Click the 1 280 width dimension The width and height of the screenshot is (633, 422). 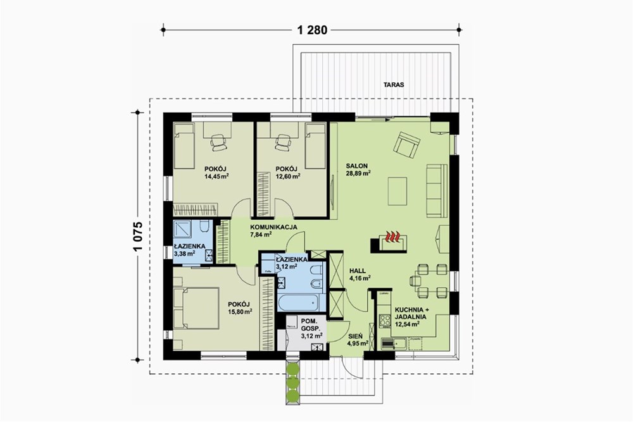(312, 30)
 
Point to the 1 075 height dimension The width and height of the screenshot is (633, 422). (138, 237)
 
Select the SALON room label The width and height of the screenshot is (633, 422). (357, 166)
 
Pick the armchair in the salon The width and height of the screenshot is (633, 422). (406, 144)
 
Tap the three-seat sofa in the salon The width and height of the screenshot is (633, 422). (437, 191)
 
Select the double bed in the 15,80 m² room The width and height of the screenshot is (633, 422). (196, 308)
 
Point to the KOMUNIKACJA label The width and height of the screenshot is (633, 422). (273, 227)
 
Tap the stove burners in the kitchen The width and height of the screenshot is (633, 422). (385, 321)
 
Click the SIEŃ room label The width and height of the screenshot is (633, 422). (356, 336)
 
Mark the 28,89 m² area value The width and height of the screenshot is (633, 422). (358, 173)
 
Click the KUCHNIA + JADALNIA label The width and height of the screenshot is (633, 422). (411, 313)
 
